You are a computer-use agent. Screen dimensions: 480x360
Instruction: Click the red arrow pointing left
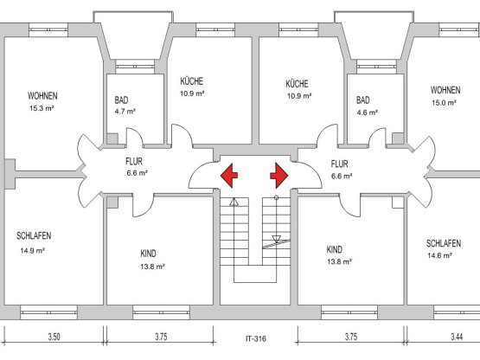[228, 176]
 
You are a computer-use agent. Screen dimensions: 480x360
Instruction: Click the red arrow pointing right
[278, 176]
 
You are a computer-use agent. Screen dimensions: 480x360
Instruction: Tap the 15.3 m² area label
[42, 108]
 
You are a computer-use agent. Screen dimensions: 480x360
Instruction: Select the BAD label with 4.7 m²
[122, 100]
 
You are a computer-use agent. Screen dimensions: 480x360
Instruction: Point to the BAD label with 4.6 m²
[363, 100]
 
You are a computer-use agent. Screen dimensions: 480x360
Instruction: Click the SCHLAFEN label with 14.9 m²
[34, 236]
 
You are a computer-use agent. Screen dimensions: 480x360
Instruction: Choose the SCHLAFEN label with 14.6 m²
[444, 243]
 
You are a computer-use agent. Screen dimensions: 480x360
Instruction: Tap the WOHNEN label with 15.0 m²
[445, 90]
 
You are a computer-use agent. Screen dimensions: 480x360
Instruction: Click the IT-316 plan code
[256, 339]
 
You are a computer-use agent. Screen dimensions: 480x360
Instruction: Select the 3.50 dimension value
[54, 337]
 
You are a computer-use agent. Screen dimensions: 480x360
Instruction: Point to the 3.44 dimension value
[457, 337]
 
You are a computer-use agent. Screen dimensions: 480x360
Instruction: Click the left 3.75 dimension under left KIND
[161, 337]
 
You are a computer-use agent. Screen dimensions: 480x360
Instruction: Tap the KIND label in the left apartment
[148, 254]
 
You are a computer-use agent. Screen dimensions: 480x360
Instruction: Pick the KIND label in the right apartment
[335, 250]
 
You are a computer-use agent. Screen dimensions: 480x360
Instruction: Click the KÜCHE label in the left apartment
[192, 81]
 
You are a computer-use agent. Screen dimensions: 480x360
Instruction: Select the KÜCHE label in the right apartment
[297, 84]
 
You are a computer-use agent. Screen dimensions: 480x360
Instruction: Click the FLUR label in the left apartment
[134, 161]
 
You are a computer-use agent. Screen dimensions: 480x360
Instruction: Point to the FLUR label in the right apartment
[340, 164]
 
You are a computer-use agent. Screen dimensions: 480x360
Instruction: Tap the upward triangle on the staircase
[234, 202]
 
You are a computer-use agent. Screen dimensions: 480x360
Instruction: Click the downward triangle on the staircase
[277, 239]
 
